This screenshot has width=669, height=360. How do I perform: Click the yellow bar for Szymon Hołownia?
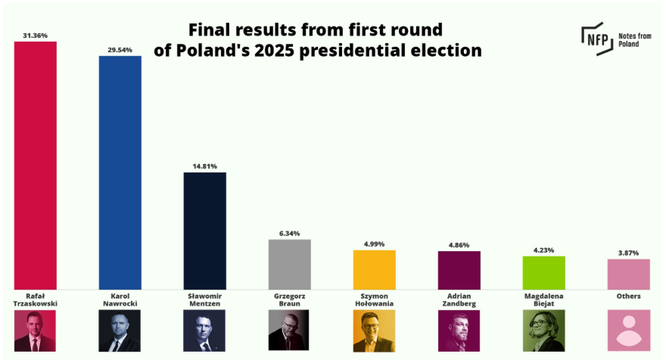coord(375,268)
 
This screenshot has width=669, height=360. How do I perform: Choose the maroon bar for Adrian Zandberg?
coord(459,269)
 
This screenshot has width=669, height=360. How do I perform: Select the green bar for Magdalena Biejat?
coord(544,272)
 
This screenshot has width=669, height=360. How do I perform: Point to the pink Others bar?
coord(629,273)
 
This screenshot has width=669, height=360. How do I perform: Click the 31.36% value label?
coord(36,36)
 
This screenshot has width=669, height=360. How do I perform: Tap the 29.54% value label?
coord(120,50)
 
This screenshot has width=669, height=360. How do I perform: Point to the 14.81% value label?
coord(205,166)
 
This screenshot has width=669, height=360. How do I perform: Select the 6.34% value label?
coord(290,234)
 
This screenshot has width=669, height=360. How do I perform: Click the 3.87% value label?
coord(629,253)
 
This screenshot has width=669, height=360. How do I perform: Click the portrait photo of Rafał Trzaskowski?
coord(36,331)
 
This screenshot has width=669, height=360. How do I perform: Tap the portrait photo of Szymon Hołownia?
coord(375,331)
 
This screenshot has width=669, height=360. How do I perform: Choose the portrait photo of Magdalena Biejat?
coord(544,331)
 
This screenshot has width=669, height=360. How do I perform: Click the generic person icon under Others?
coord(629,331)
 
